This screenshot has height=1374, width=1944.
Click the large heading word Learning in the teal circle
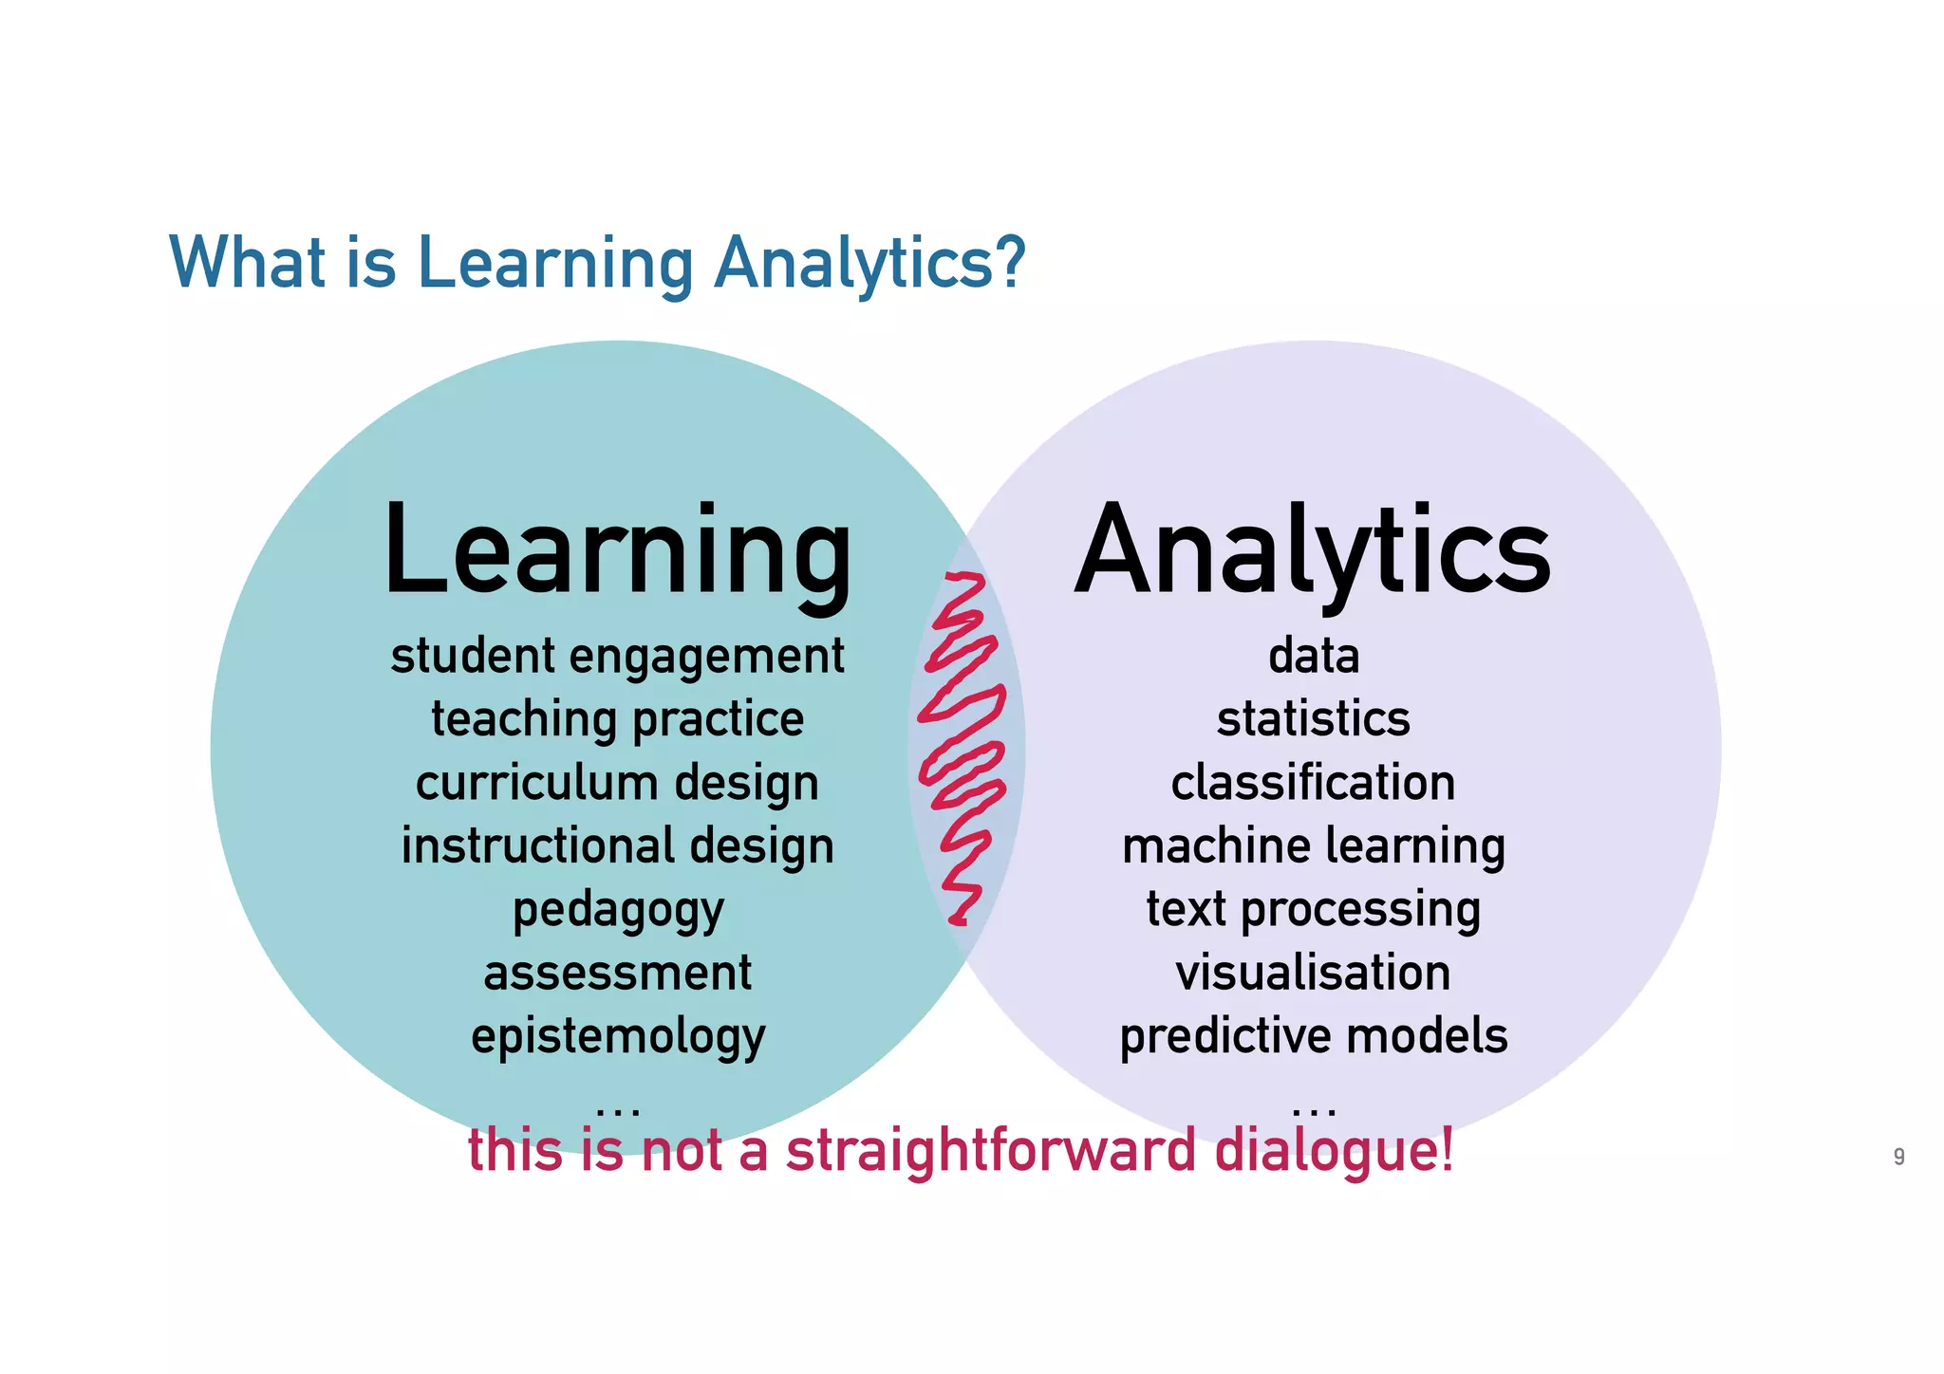point(617,552)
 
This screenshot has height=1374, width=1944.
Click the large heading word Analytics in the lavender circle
point(1313,552)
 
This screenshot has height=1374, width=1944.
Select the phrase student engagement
point(617,657)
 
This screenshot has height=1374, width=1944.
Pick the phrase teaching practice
point(617,719)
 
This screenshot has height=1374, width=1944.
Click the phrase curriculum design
point(617,783)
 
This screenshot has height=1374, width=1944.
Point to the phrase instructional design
point(617,845)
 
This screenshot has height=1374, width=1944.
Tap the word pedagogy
point(618,910)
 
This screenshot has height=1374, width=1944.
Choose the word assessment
point(617,974)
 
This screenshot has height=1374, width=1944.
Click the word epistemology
point(618,1036)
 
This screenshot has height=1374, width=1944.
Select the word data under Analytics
point(1314,657)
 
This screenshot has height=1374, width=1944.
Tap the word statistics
point(1314,719)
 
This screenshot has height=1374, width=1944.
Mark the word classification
point(1313,783)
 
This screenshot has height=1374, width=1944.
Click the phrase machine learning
point(1314,846)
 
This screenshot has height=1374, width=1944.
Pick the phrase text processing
point(1314,910)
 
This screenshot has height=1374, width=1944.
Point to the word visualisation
point(1314,974)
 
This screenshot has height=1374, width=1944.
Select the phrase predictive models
point(1314,1036)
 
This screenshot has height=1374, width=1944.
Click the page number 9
point(1898,1157)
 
